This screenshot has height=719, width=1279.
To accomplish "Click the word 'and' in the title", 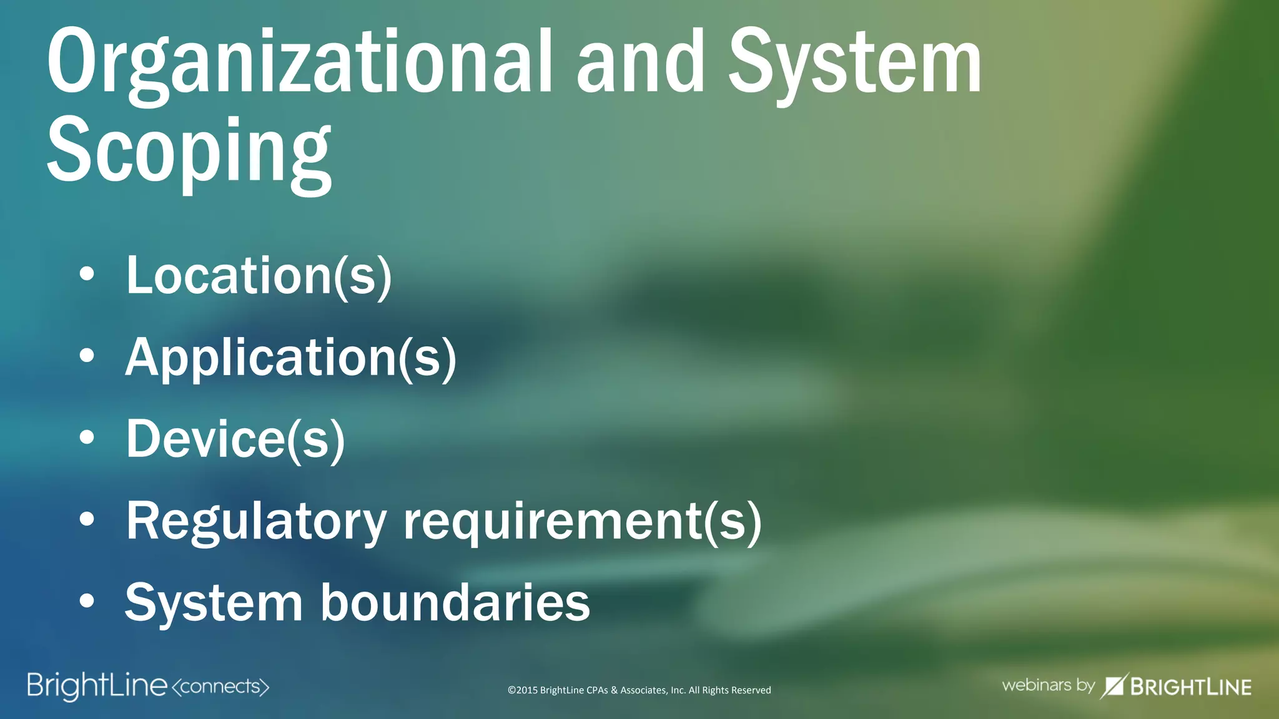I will coord(640,62).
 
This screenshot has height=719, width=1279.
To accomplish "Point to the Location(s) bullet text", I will coord(259,276).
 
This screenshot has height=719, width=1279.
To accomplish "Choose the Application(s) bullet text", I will coord(291,358).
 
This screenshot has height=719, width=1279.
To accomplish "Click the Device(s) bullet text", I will coord(235,439).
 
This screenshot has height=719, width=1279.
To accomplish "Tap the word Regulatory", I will coord(257,522).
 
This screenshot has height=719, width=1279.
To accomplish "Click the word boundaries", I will coord(455,603).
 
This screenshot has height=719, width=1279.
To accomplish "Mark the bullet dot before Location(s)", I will coord(87,275).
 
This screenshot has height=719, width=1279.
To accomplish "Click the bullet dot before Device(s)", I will coord(87,438).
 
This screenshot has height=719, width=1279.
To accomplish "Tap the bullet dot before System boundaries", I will coord(87,601).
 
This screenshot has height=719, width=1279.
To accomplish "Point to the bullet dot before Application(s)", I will coord(87,356).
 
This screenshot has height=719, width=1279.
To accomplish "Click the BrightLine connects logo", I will coord(148,686).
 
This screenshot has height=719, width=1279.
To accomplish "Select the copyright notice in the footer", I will coord(639,690).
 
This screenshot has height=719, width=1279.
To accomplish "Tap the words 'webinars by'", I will coord(1048,685).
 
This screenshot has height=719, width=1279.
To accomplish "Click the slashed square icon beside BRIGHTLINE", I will coord(1114,686).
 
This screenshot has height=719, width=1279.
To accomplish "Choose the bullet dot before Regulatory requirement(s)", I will coord(87,519).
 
